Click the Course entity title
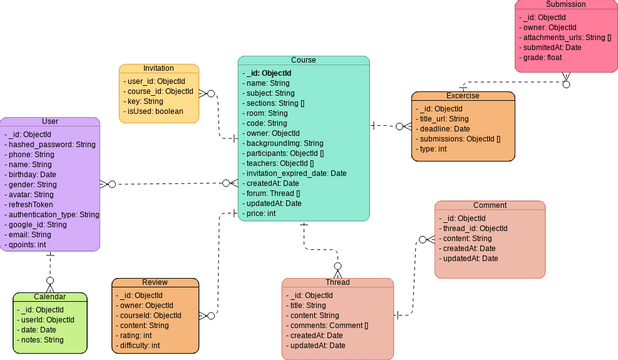click(303, 61)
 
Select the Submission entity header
click(565, 6)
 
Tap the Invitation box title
click(158, 68)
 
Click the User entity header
click(50, 121)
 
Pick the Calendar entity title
click(50, 297)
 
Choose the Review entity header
click(154, 283)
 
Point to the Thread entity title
click(337, 283)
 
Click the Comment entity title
click(489, 206)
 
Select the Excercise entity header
click(463, 96)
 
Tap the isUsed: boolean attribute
click(156, 113)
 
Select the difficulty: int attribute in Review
click(141, 345)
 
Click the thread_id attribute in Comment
click(476, 229)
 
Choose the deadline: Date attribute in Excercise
click(446, 129)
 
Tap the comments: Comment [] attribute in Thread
click(331, 326)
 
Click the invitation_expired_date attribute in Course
click(296, 173)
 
